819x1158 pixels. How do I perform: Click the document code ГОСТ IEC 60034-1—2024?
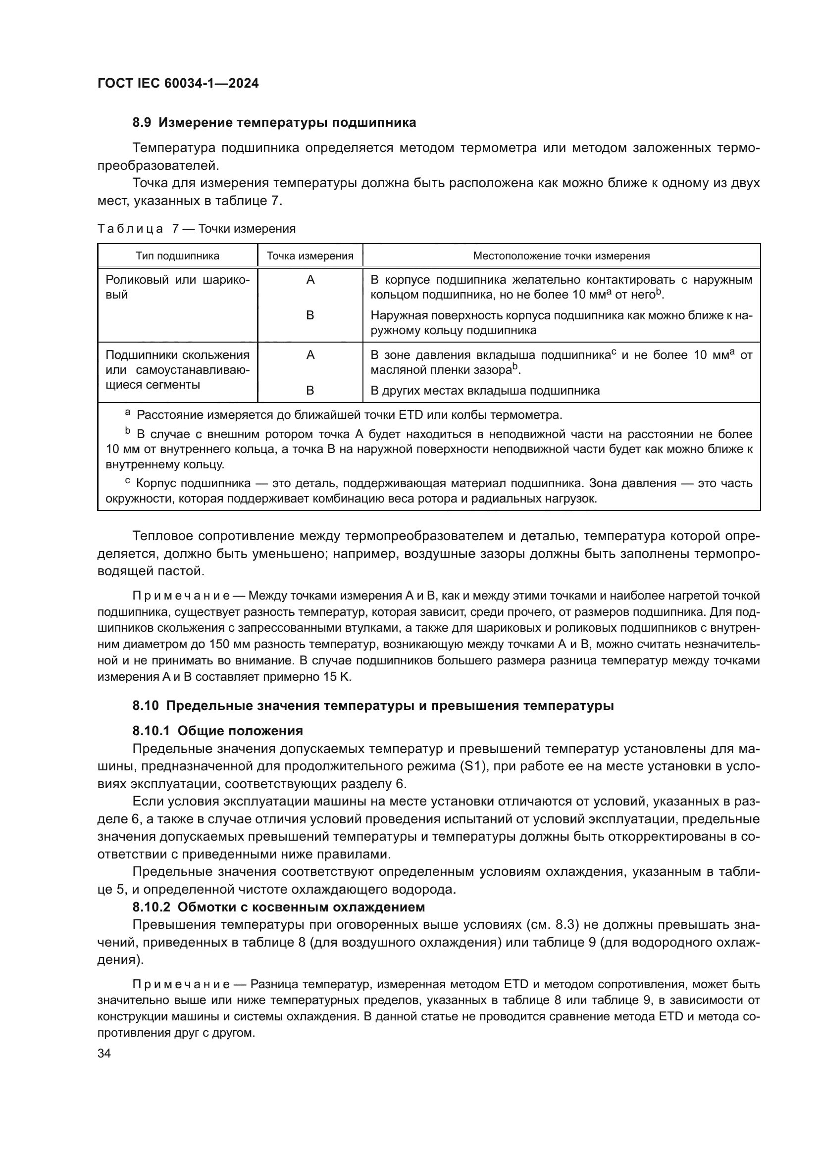pyautogui.click(x=178, y=84)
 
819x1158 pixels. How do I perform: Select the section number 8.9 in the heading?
pyautogui.click(x=143, y=123)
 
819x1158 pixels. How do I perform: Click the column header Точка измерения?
pyautogui.click(x=309, y=255)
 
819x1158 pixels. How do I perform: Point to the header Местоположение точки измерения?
pyautogui.click(x=561, y=255)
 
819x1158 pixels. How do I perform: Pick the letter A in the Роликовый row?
pyautogui.click(x=310, y=280)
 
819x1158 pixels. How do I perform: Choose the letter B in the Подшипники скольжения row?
pyautogui.click(x=310, y=390)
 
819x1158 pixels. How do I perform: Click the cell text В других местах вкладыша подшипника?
pyautogui.click(x=485, y=390)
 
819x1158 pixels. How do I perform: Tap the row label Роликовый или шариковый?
pyautogui.click(x=177, y=287)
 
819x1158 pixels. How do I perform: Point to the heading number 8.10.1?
pyautogui.click(x=152, y=731)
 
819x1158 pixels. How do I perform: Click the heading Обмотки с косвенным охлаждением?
pyautogui.click(x=301, y=907)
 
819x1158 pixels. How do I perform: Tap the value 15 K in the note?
pyautogui.click(x=337, y=676)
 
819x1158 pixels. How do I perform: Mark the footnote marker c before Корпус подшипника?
pyautogui.click(x=128, y=482)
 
